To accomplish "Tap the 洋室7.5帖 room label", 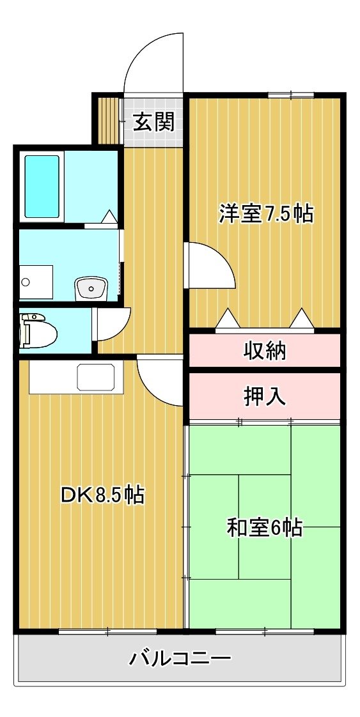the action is click(x=266, y=213).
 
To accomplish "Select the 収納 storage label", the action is click(x=264, y=351).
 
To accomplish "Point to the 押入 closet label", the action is click(x=264, y=396).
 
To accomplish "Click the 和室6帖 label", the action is click(x=264, y=528).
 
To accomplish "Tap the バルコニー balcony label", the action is click(x=179, y=658).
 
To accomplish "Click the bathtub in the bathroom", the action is click(x=42, y=187).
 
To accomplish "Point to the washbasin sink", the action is click(x=91, y=289).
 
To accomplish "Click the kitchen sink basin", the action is click(x=96, y=377).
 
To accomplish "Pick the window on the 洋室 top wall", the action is click(x=291, y=95).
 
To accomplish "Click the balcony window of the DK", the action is click(x=108, y=632).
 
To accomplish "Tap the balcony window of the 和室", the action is click(x=264, y=632).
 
